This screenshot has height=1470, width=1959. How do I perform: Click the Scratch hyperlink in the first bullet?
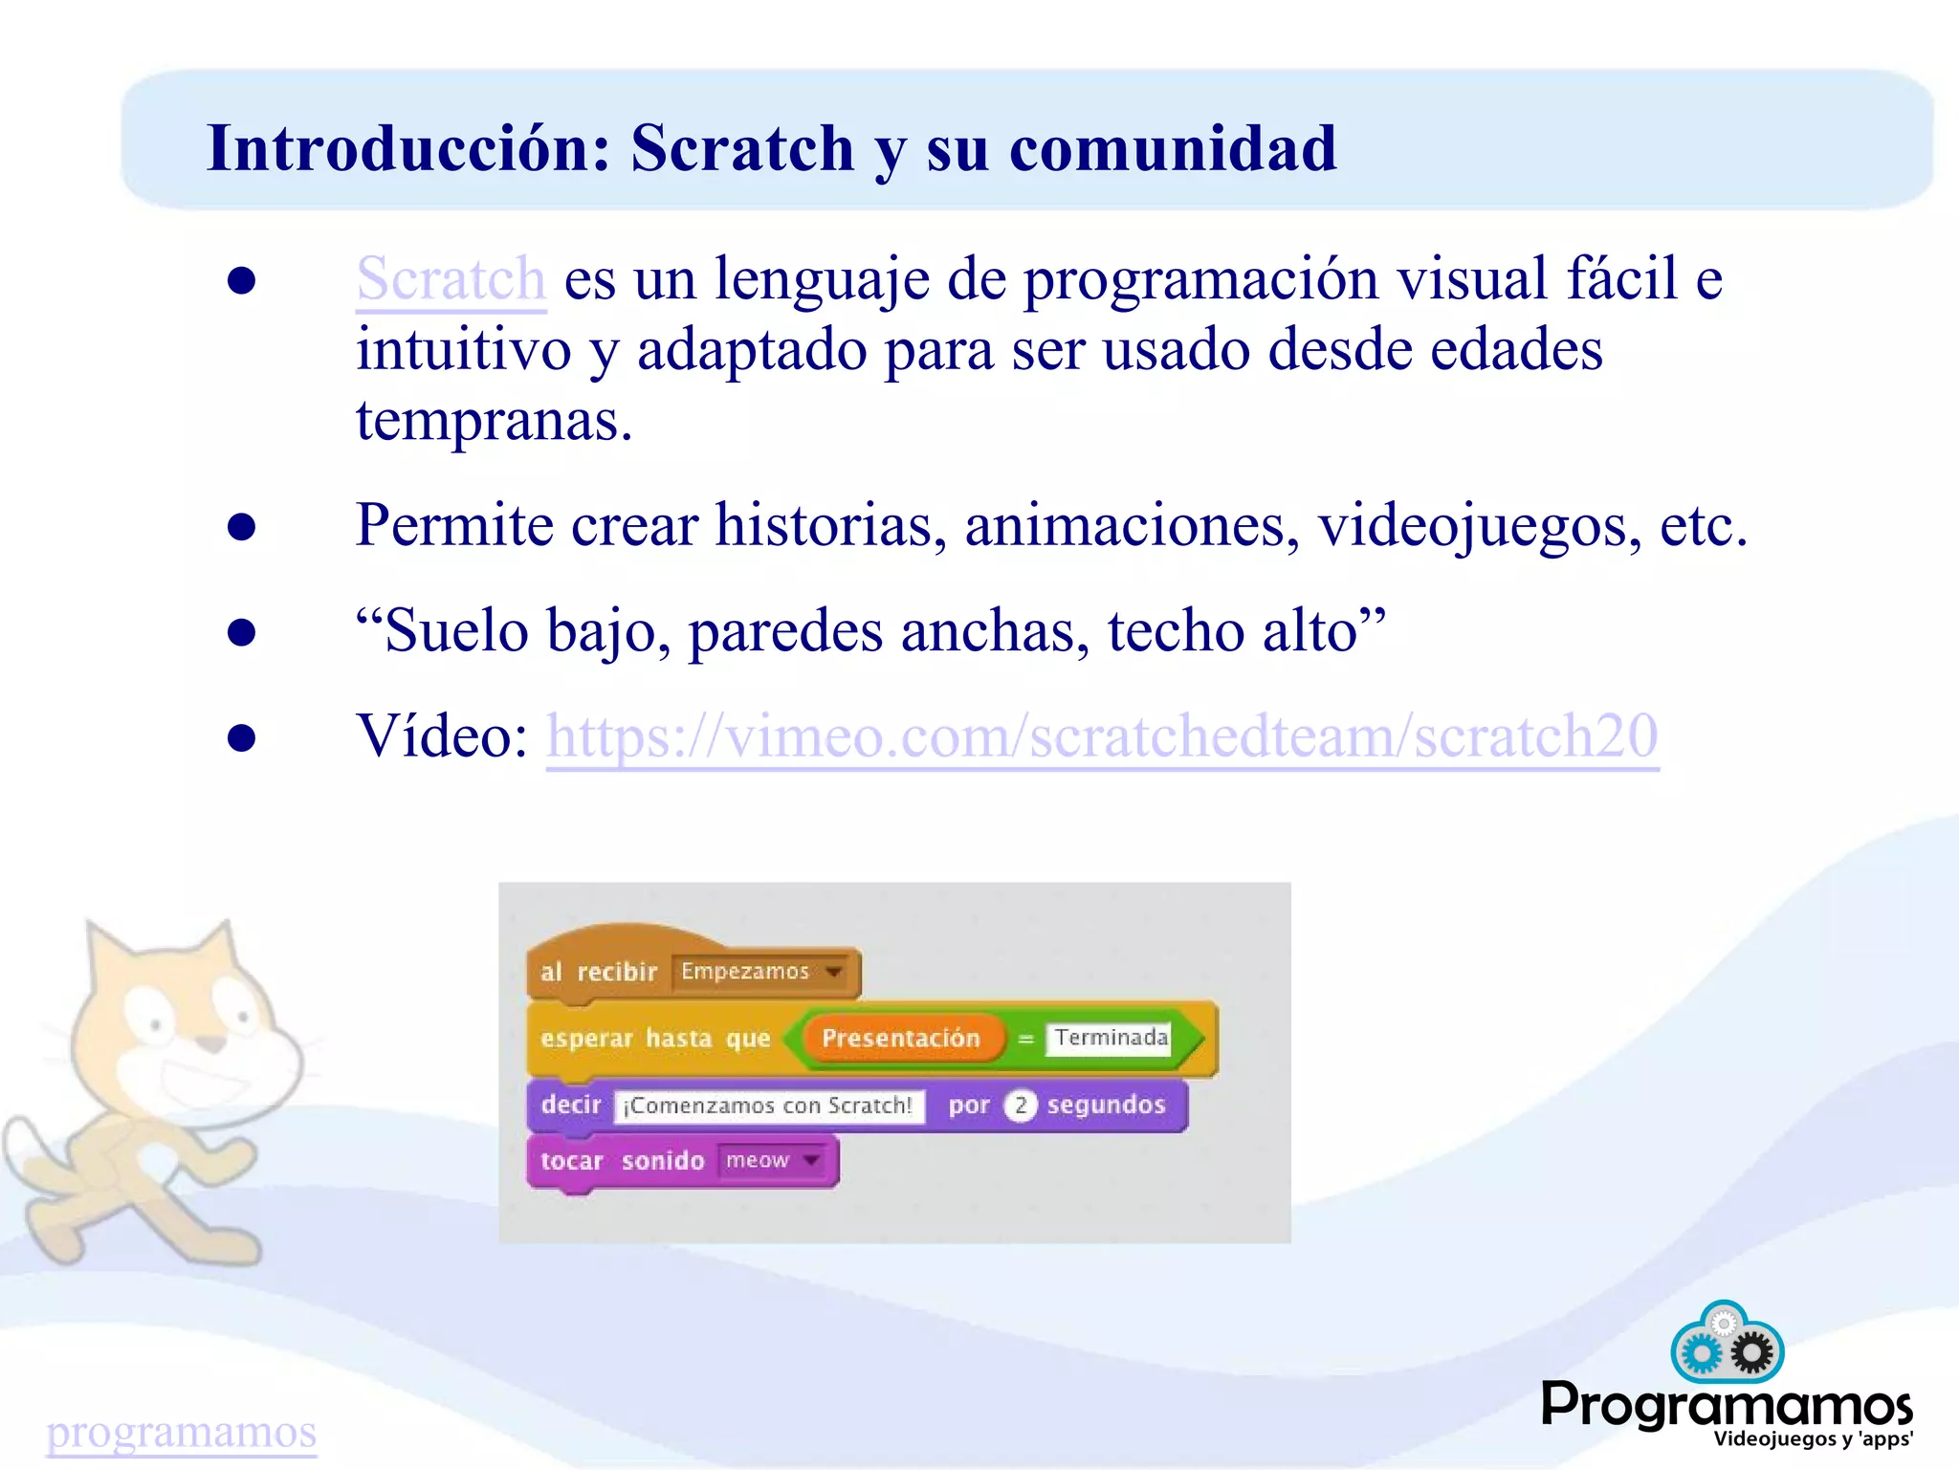tap(451, 279)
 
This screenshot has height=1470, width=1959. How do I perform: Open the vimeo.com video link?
tap(1101, 736)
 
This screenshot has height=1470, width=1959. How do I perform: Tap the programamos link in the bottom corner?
tap(182, 1432)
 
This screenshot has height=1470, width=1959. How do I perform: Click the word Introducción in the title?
tap(409, 149)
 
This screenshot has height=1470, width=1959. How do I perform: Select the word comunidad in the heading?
tap(1173, 149)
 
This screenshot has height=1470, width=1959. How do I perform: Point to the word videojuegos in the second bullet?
tap(1479, 526)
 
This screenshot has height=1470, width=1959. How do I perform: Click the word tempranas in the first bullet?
tap(493, 421)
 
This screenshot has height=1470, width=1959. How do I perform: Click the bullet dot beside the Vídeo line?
tap(242, 737)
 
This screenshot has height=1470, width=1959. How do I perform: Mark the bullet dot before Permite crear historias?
tap(242, 527)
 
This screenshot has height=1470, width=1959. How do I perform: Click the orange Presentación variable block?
tap(901, 1038)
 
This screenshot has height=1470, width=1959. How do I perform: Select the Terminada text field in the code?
tap(1110, 1038)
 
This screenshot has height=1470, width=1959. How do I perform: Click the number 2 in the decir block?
tap(1021, 1106)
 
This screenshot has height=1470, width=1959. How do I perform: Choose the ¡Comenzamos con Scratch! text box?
tap(769, 1106)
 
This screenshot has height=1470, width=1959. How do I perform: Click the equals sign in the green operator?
tap(1025, 1039)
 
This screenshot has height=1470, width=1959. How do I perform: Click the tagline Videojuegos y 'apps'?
tap(1813, 1438)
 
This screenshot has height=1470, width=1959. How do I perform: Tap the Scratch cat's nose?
tap(216, 1042)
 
